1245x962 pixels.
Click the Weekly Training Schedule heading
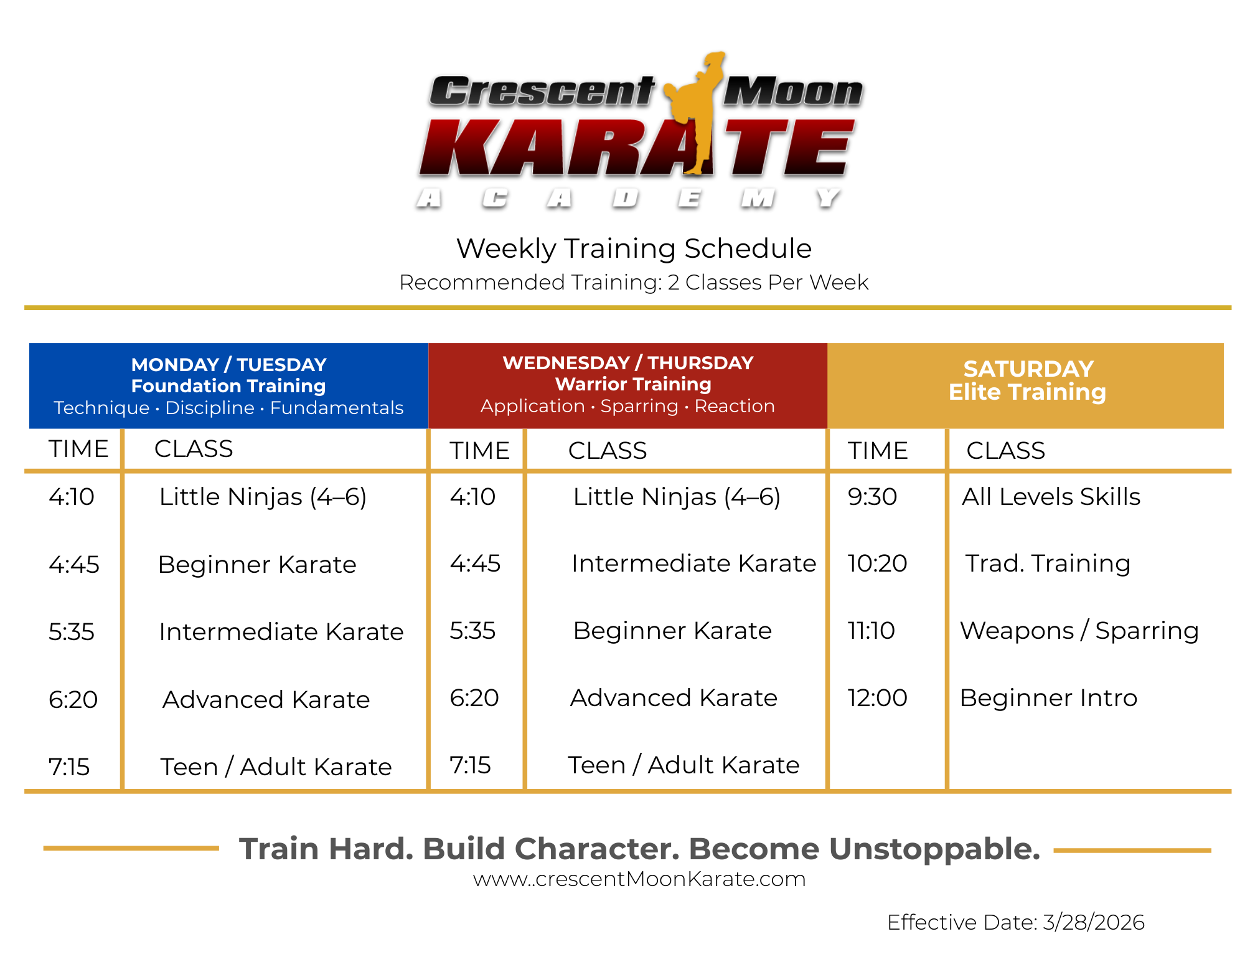coord(634,248)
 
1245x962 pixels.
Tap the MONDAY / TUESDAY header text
coord(228,364)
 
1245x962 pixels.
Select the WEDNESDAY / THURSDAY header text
coord(628,362)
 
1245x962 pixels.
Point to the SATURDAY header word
coord(1028,369)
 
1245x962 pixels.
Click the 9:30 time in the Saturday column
coord(872,497)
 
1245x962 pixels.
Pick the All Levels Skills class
coord(1051,497)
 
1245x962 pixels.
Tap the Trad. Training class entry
coord(1048,564)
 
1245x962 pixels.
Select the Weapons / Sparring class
coord(1079,631)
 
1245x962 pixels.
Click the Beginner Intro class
coord(1048,698)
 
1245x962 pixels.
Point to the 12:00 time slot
coord(877,698)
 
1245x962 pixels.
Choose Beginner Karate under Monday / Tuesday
coord(257,565)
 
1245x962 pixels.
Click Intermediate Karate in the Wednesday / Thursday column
coord(693,564)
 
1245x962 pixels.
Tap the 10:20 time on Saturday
coord(877,564)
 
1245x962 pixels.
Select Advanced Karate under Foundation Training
coord(266,700)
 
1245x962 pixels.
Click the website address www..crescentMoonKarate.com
coord(639,879)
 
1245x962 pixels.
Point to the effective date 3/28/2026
coord(1094,922)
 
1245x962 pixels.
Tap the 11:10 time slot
coord(871,631)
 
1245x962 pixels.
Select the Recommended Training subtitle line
coord(634,283)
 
